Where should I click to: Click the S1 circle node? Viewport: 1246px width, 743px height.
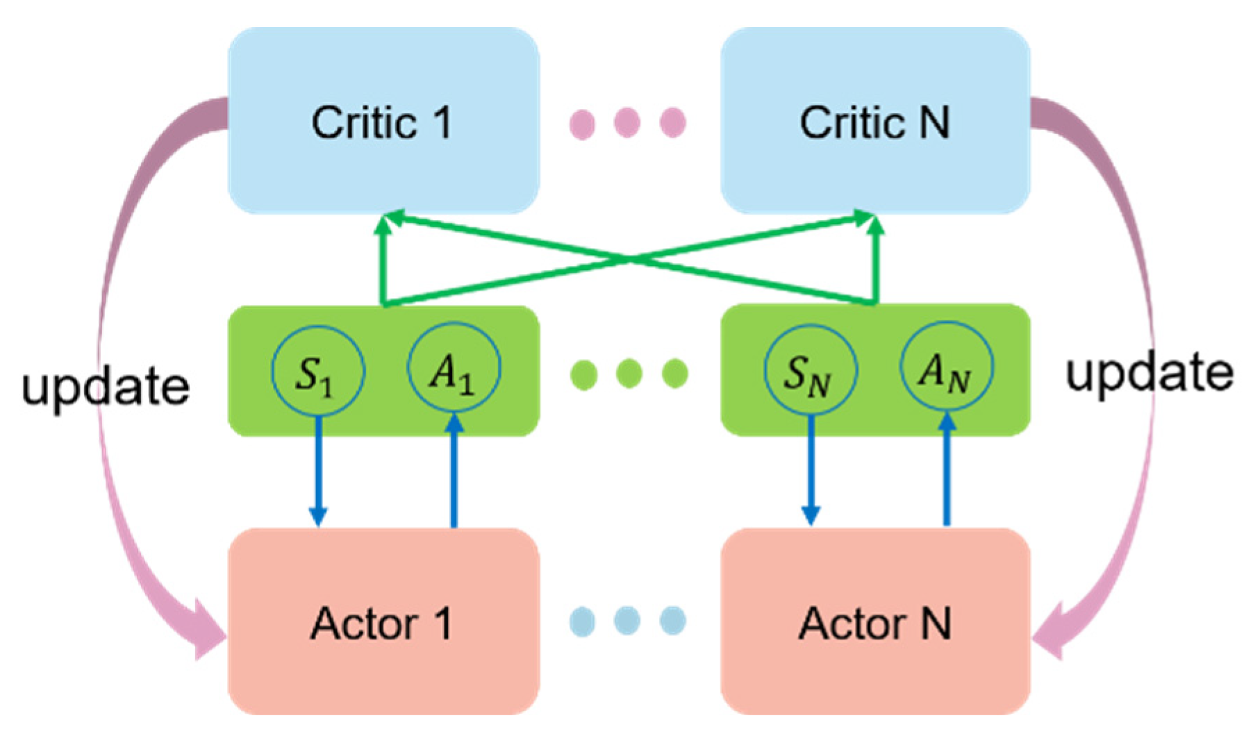coord(317,371)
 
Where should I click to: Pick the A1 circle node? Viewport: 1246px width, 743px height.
coord(454,368)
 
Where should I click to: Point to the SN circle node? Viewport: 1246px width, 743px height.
coord(810,371)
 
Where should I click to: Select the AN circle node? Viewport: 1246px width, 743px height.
coord(946,368)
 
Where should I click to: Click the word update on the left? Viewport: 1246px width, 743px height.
coord(106,386)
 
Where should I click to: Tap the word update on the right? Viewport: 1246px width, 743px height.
coord(1149,373)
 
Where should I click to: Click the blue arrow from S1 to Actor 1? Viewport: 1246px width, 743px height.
coord(318,472)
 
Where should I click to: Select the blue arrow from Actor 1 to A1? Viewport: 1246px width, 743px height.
coord(454,472)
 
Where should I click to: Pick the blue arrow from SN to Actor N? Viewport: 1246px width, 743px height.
coord(811,472)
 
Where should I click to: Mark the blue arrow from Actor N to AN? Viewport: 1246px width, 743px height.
coord(947,472)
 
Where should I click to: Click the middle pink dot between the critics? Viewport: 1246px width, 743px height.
coord(627,123)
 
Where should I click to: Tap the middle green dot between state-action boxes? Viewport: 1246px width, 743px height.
coord(629,374)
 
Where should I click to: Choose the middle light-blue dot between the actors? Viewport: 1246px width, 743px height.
coord(627,620)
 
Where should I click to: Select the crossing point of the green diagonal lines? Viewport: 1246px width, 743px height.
coord(629,260)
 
